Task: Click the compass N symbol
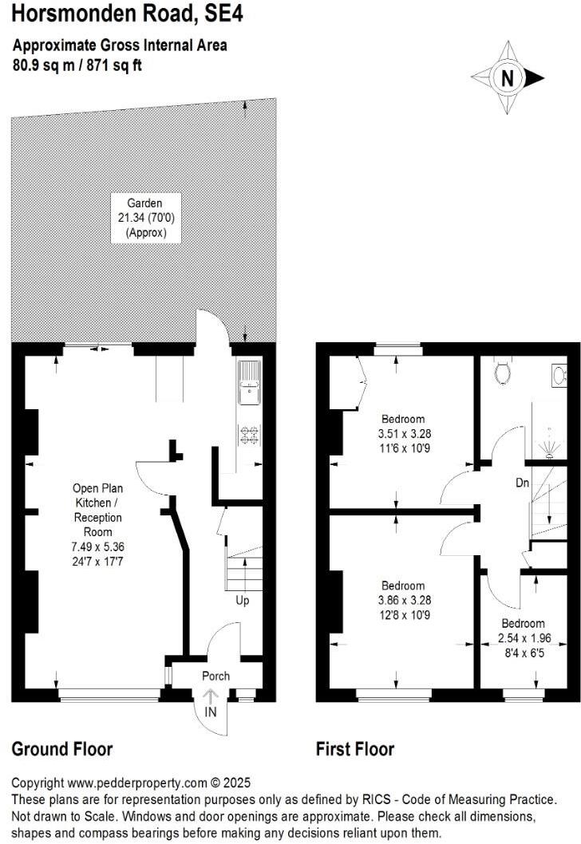(507, 78)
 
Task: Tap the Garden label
(145, 203)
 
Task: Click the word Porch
(215, 676)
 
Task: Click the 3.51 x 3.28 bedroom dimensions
(403, 433)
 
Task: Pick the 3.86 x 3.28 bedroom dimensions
(403, 600)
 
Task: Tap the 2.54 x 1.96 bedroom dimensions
(523, 638)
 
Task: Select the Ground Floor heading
(61, 749)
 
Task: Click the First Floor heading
(355, 749)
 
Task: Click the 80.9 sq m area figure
(42, 65)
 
